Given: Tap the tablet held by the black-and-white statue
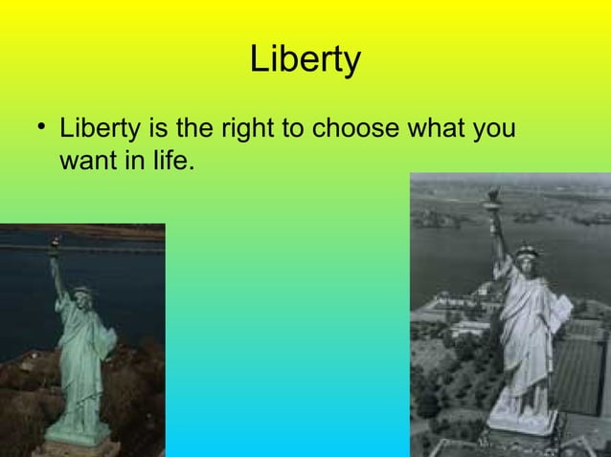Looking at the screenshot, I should point(563,308).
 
